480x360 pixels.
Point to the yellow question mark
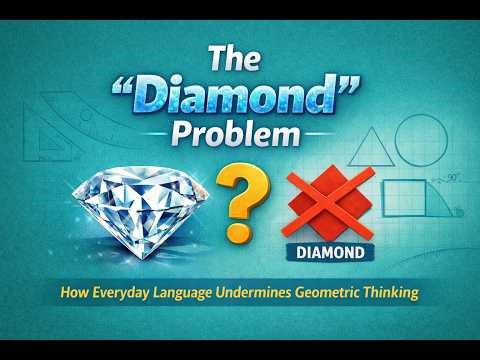pyautogui.click(x=237, y=199)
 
